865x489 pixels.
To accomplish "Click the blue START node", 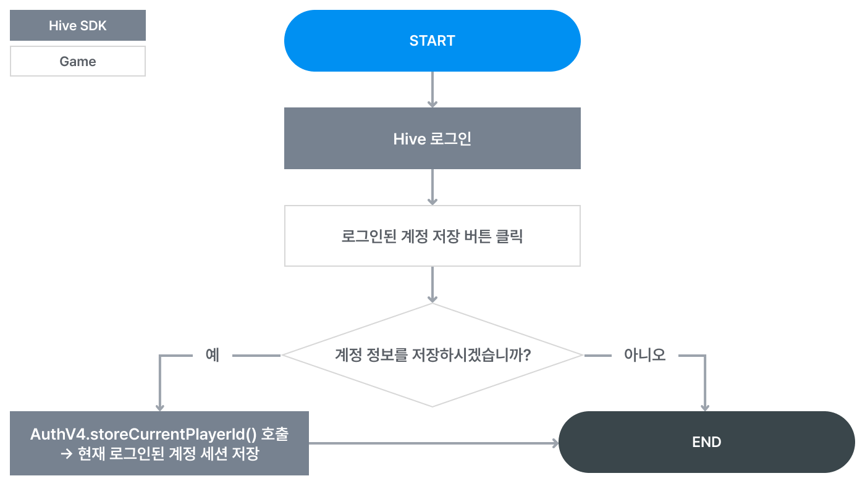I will [x=432, y=41].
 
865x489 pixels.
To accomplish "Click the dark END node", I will [x=706, y=442].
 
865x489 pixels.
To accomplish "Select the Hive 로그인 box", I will [x=432, y=138].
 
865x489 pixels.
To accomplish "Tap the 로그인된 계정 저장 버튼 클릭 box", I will [x=432, y=236].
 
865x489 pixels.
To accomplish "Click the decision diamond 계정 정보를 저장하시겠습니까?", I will [x=432, y=355].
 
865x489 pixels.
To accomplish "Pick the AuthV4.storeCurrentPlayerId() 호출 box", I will [x=159, y=443].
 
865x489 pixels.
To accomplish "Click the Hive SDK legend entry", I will [x=78, y=25].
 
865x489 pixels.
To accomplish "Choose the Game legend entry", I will [x=78, y=61].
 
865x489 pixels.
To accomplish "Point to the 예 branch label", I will [x=213, y=355].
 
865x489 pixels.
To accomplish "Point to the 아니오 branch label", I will [x=644, y=355].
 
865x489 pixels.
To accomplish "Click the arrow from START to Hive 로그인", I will [x=432, y=89].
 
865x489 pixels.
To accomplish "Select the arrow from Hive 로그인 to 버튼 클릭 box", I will [x=432, y=186].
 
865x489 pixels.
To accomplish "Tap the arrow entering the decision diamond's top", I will [x=432, y=284].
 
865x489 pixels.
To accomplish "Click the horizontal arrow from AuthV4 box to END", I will [x=432, y=443].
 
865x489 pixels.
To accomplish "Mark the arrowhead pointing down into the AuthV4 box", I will [x=159, y=407].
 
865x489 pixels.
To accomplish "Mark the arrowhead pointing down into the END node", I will [x=704, y=407].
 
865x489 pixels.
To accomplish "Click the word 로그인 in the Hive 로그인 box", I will [x=450, y=138].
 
